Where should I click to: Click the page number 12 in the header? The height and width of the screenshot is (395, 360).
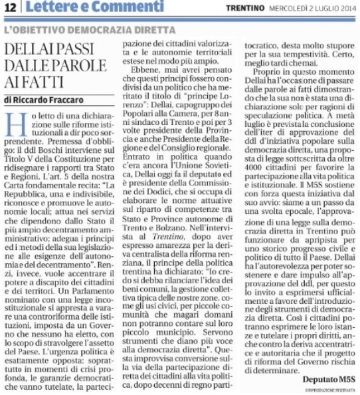pos(12,9)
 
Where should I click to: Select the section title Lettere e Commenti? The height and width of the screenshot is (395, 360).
pos(73,9)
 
